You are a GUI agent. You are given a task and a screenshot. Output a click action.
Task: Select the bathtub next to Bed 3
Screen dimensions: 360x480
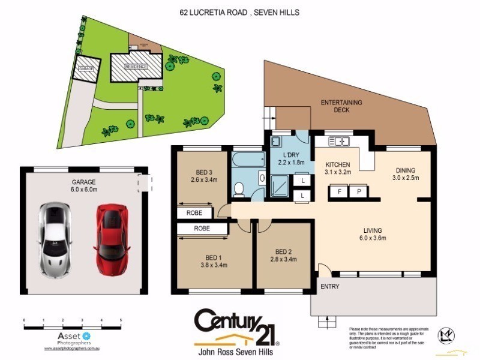tap(248, 160)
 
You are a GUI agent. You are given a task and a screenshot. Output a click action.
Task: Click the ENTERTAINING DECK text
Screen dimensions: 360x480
tap(341, 106)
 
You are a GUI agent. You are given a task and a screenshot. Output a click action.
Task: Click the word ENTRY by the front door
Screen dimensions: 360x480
tap(329, 287)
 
